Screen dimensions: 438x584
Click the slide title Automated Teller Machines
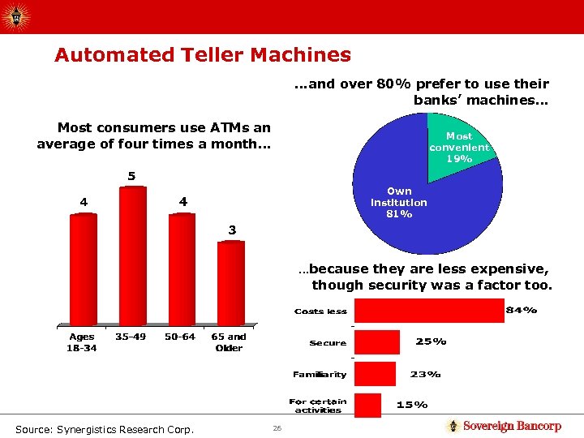tap(202, 55)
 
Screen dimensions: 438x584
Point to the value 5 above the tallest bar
tap(131, 176)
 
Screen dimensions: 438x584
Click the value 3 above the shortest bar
tap(232, 230)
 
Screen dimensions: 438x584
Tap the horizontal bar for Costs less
tap(429, 311)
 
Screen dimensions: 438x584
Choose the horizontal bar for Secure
tap(378, 342)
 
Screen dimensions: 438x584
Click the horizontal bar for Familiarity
tap(376, 374)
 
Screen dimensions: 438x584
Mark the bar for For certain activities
tap(368, 405)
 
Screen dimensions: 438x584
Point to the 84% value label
tap(521, 310)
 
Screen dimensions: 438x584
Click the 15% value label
tap(411, 404)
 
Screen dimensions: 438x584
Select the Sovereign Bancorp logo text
tap(511, 426)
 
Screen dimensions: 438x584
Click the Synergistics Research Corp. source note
tap(104, 428)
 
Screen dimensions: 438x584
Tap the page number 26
tap(277, 427)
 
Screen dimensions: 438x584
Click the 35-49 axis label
tap(131, 337)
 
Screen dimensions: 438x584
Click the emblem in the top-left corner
tap(17, 16)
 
